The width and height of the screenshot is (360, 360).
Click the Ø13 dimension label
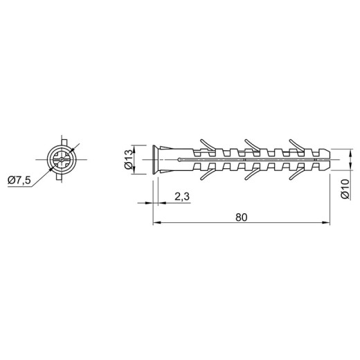tap(129, 159)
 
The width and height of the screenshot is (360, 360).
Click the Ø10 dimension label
tap(345, 189)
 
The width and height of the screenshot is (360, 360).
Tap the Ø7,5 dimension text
tap(19, 180)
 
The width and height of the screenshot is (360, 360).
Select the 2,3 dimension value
tap(182, 197)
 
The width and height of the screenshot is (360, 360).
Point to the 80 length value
tap(242, 217)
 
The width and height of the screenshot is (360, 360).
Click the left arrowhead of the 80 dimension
tap(157, 223)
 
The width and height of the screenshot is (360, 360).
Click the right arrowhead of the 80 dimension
tap(326, 223)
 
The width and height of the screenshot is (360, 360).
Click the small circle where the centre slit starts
tap(179, 159)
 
